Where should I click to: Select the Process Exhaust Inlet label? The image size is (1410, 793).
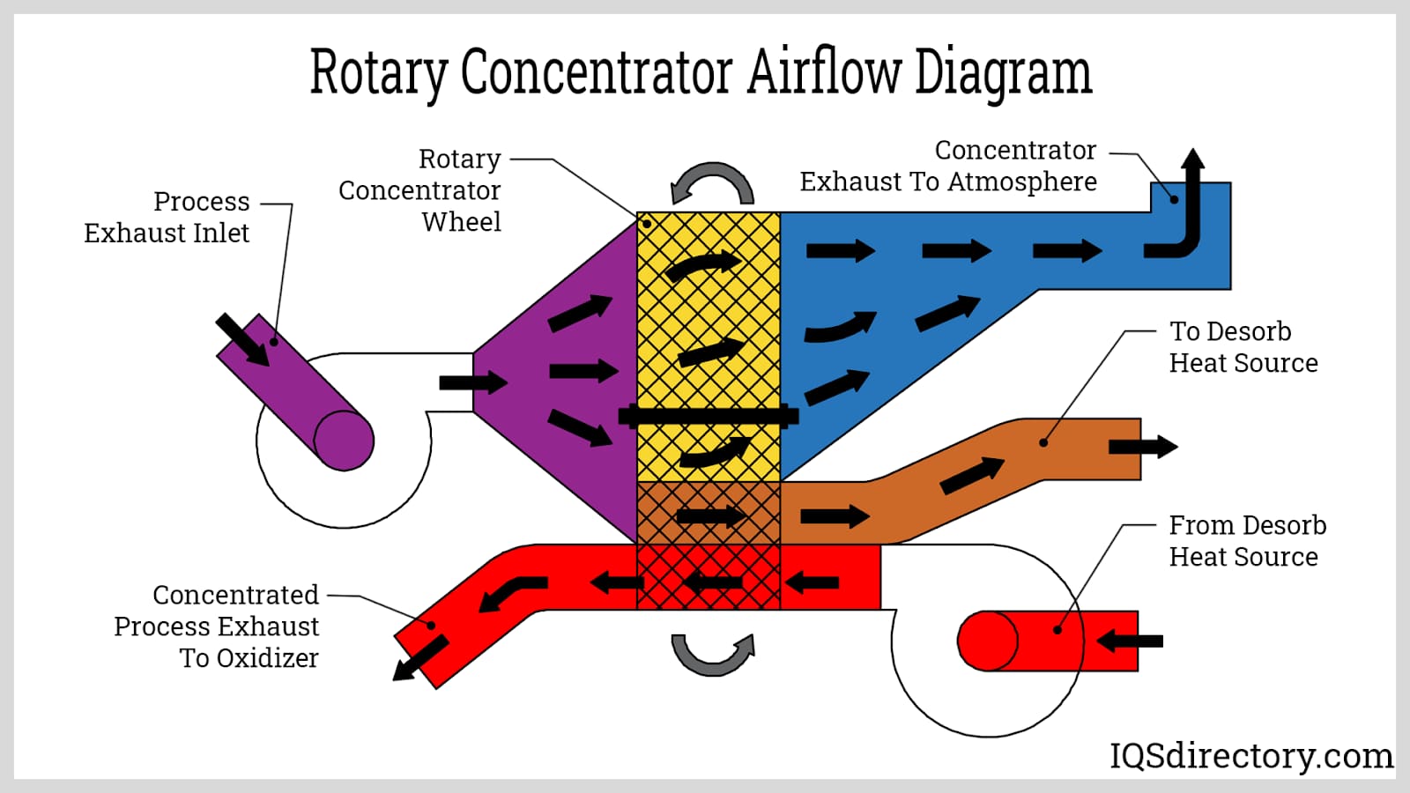[167, 217]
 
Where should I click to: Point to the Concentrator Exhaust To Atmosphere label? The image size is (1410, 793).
[948, 166]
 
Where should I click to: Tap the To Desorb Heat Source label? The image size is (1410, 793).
[1243, 347]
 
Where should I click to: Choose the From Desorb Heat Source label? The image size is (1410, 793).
[1247, 541]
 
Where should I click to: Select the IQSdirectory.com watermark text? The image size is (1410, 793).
[1250, 755]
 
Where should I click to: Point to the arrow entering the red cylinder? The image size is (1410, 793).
[1130, 641]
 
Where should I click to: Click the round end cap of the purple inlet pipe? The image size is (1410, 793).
[344, 440]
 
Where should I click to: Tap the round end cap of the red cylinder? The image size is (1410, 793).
[988, 641]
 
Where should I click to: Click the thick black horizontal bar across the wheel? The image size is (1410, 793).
[709, 416]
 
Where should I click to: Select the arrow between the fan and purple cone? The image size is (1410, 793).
[473, 382]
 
